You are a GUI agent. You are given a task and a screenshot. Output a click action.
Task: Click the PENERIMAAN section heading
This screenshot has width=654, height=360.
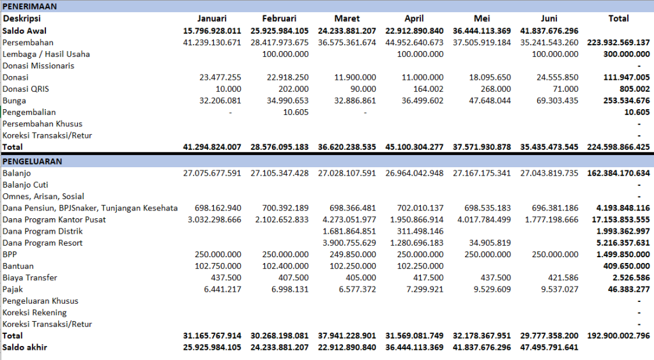point(29,6)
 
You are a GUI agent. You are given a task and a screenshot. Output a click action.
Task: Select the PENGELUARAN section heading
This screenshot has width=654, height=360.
point(32,161)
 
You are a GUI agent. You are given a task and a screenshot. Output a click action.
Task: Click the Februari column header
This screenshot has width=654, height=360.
point(279,19)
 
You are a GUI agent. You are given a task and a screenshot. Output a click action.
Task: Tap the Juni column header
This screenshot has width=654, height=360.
point(549,19)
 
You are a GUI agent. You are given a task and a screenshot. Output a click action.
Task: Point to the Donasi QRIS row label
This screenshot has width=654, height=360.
point(26,89)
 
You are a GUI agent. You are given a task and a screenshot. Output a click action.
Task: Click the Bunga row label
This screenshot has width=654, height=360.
point(14,100)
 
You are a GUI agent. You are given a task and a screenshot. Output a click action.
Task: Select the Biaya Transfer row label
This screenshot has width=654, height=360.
point(29,278)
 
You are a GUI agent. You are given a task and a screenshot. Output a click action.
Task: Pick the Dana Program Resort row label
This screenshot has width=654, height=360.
point(43,243)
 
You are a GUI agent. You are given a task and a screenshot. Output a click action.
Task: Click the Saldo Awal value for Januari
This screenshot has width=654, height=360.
point(212,31)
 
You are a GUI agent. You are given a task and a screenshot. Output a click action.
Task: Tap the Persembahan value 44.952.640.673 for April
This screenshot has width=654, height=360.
point(414,43)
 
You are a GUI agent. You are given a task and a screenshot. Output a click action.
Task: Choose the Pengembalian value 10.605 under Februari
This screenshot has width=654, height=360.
point(296,112)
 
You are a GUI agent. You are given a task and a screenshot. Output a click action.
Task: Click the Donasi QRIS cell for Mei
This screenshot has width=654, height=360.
point(496,89)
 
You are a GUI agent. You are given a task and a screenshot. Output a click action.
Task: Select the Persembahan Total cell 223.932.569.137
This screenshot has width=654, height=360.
point(618,43)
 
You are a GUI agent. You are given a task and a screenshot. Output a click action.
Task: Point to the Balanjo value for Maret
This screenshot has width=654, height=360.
point(347,173)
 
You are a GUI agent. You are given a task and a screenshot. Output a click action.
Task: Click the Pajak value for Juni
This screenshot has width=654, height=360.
point(559,289)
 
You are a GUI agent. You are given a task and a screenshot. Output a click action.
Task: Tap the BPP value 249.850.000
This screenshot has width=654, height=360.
point(353,254)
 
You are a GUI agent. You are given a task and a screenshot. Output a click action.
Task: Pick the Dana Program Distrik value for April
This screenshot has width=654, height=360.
point(420,231)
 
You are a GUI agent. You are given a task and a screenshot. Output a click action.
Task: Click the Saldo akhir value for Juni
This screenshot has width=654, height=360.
point(549,347)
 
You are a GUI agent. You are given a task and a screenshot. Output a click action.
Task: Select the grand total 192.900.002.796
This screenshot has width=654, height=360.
point(618,335)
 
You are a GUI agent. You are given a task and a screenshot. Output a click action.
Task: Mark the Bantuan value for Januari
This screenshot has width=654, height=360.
point(218,266)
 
